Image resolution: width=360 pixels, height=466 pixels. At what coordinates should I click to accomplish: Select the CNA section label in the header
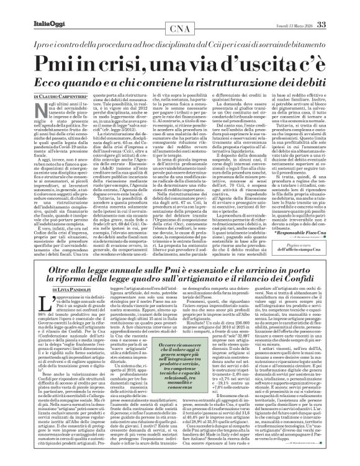180,29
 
